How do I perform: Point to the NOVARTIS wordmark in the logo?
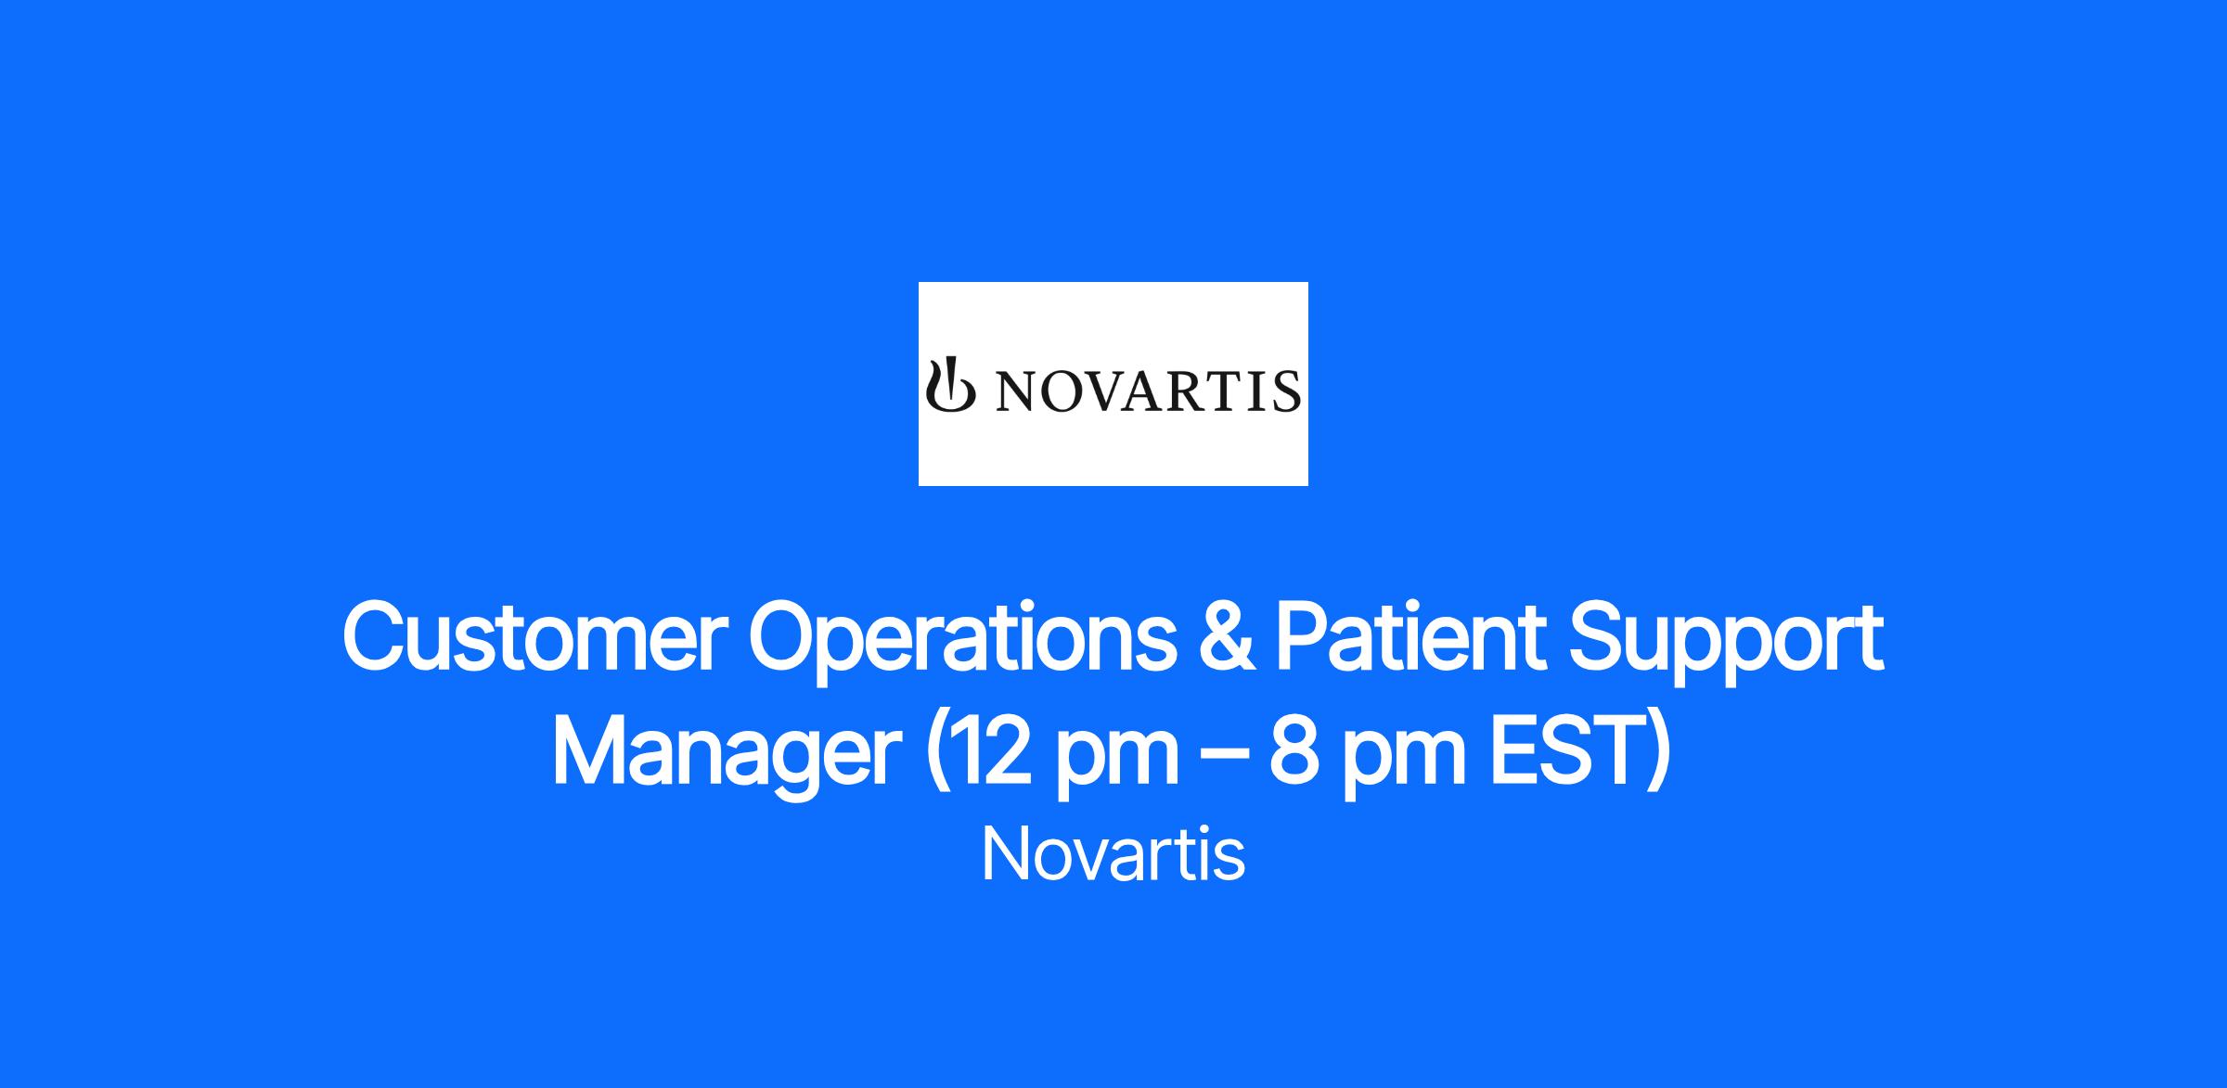coord(1147,391)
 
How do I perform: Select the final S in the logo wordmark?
coord(1287,391)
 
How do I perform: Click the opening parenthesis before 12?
coord(934,757)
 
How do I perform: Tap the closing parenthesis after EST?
coord(1662,757)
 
